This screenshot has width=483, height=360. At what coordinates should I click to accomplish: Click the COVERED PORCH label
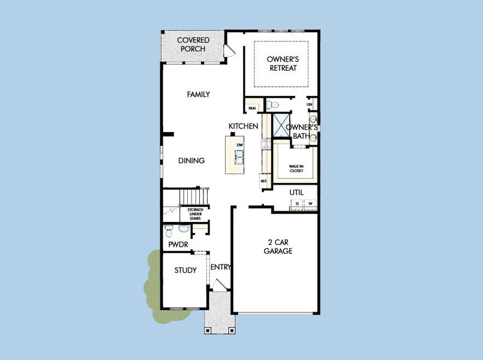click(193, 44)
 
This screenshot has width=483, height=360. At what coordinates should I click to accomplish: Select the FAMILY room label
click(198, 95)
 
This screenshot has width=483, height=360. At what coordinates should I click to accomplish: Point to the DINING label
click(191, 161)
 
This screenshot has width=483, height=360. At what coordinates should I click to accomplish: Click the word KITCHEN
click(243, 127)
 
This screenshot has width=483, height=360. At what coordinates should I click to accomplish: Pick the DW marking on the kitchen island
click(239, 145)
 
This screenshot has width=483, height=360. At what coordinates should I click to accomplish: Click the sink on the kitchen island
click(239, 157)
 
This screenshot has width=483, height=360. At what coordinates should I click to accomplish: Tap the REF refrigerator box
click(263, 181)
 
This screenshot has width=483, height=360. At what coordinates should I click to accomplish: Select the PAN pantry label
click(252, 108)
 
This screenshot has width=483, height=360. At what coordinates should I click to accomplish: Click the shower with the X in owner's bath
click(281, 124)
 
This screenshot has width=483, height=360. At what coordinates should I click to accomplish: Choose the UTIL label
click(296, 192)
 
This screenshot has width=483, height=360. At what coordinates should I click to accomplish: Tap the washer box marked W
click(310, 204)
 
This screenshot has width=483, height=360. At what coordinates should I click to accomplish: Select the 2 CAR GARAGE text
click(278, 247)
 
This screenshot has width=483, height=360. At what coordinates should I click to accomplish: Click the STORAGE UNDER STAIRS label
click(195, 214)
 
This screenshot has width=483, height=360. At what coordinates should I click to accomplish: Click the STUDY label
click(185, 270)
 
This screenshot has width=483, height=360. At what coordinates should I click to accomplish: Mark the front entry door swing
click(219, 287)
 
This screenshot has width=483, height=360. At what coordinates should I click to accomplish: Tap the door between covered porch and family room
click(229, 52)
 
